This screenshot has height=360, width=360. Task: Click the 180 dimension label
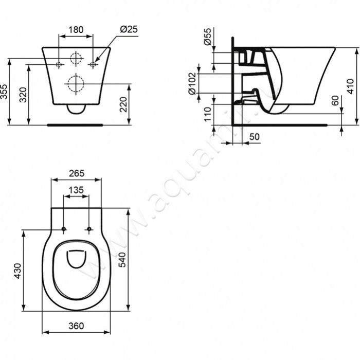click(76, 29)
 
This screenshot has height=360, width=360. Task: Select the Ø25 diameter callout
click(129, 29)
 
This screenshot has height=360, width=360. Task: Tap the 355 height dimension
click(5, 92)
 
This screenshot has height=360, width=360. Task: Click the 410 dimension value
click(350, 86)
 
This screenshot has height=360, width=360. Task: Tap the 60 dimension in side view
click(335, 101)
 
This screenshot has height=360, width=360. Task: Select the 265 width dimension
click(76, 173)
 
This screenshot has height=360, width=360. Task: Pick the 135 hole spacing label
click(76, 190)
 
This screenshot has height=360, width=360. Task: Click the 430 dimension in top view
click(17, 271)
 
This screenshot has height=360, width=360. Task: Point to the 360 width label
click(76, 326)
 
